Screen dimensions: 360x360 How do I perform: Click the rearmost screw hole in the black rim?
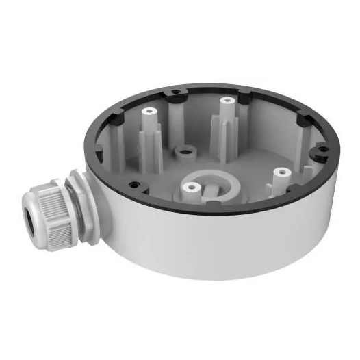pos(175,91)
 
